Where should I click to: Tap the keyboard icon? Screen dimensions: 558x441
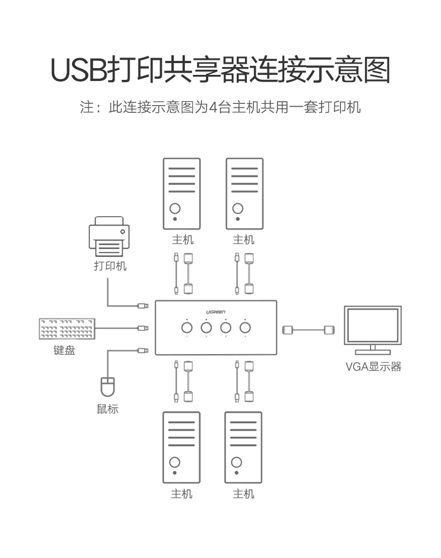67,329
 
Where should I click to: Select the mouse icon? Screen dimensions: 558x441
107,387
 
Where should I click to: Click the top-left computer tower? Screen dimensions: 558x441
181,194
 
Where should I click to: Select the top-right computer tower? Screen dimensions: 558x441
244,194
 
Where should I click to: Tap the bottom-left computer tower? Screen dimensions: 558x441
181,447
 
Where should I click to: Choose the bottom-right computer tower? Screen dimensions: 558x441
243,447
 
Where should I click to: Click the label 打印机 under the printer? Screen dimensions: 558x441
109,266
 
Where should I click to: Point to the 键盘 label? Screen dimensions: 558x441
64,351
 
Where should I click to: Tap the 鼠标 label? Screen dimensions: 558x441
107,409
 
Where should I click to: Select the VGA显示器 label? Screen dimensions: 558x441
373,367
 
